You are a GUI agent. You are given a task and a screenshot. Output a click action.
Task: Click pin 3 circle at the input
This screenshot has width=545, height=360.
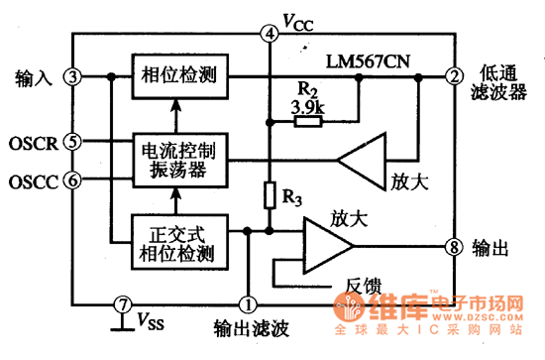(72, 76)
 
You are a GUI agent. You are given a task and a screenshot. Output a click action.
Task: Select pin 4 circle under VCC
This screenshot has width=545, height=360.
(269, 34)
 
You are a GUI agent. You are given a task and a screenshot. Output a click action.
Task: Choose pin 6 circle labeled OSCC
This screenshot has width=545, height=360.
(71, 180)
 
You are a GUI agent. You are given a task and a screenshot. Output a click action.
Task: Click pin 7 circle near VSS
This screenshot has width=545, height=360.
(121, 303)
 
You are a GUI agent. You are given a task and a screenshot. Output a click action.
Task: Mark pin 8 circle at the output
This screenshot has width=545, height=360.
(453, 246)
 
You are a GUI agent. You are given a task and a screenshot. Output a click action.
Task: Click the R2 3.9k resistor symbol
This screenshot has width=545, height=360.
(307, 122)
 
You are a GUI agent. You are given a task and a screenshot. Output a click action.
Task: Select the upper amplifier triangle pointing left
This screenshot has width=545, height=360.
(366, 158)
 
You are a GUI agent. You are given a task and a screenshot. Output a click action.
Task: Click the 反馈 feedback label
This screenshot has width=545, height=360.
(367, 284)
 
